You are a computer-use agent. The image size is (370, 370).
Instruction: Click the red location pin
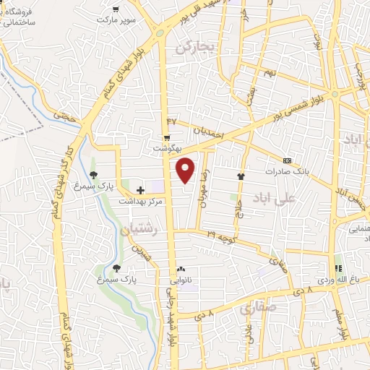[x=186, y=169]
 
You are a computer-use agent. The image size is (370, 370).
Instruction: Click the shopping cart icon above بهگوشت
[x=167, y=137]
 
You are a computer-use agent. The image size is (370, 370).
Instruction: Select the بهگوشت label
[x=166, y=147]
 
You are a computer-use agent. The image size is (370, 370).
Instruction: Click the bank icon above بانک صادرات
[x=287, y=160]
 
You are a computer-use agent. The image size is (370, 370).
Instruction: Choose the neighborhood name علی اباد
[x=275, y=197]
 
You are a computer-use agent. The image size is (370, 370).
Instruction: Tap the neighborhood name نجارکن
[x=196, y=48]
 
